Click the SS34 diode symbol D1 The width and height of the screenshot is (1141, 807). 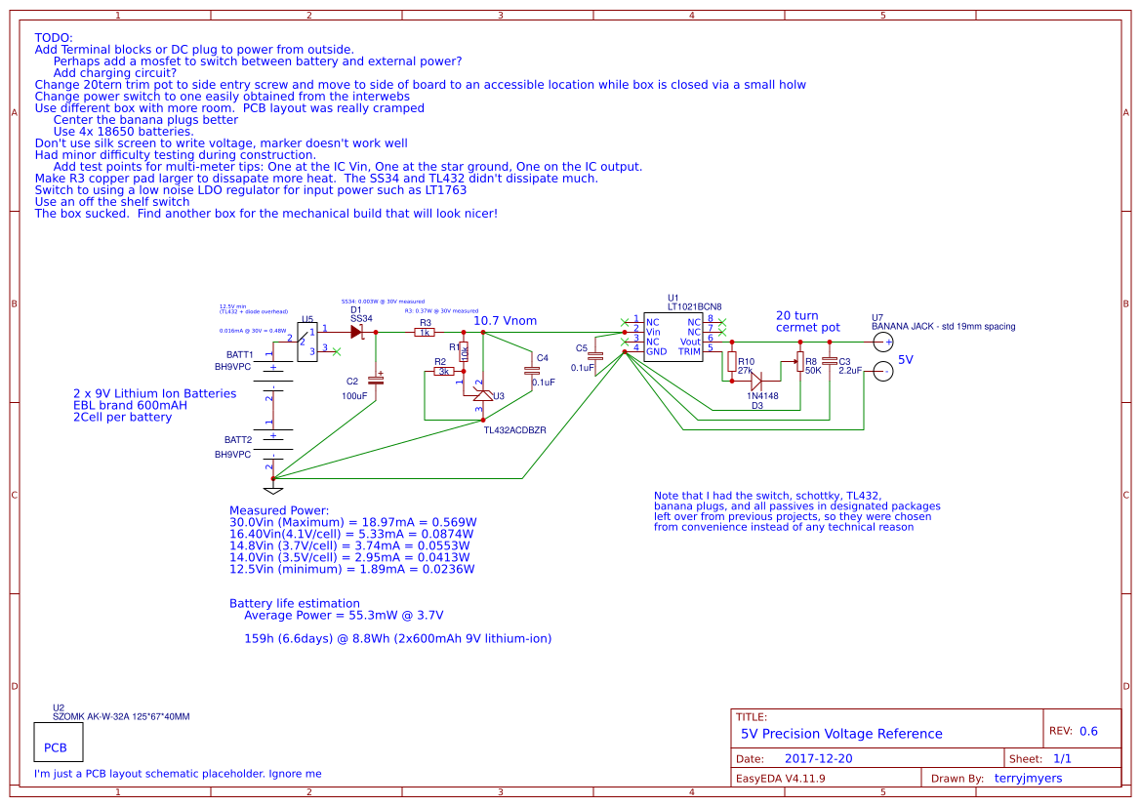click(x=356, y=332)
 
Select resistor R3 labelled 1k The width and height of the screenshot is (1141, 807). click(x=424, y=333)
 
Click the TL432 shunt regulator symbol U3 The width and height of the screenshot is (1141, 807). click(x=482, y=395)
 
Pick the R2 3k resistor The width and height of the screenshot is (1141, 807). click(x=444, y=372)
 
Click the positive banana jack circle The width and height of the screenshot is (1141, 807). click(x=883, y=342)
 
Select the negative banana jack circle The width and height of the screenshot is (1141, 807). click(x=883, y=372)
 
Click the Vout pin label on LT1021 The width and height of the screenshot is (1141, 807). click(x=690, y=341)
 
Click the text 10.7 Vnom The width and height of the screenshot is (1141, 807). click(x=505, y=320)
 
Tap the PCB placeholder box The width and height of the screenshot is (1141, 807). click(x=58, y=743)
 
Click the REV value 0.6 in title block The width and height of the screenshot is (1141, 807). click(x=1088, y=731)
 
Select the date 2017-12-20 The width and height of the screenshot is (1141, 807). click(x=818, y=758)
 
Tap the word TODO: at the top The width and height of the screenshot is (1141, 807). click(x=53, y=37)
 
